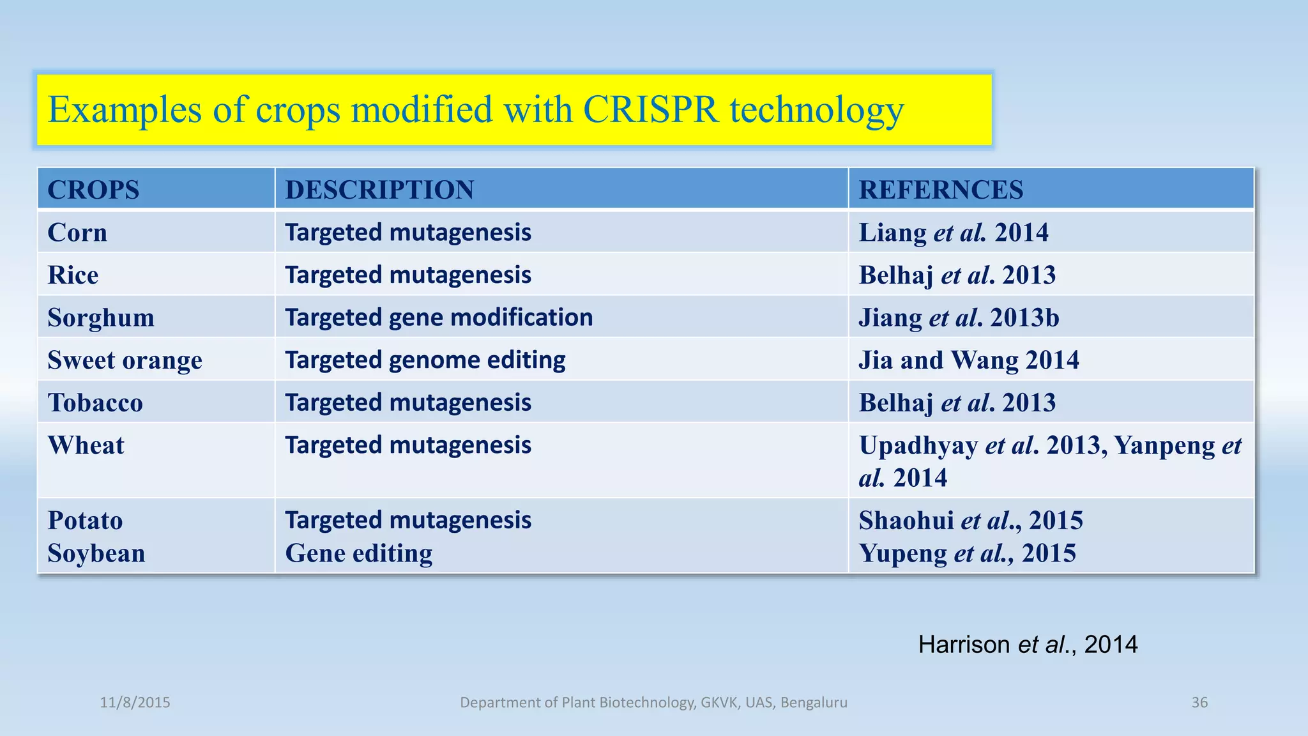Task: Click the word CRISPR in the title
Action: pos(651,110)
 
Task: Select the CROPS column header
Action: pos(93,190)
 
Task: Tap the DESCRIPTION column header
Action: pos(379,190)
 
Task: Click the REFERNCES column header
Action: pos(941,190)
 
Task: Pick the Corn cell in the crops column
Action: pos(77,233)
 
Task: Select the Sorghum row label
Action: pos(101,318)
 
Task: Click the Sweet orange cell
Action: pos(125,360)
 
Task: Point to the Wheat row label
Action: pos(86,445)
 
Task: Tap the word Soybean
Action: pos(96,553)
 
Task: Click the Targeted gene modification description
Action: pos(439,318)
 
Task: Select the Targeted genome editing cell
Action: pos(425,360)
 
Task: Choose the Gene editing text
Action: pos(359,553)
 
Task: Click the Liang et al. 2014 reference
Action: pos(953,233)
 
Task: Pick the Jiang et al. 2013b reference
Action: pos(959,318)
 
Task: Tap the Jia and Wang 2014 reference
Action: pos(968,360)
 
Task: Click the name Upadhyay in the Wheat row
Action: pos(918,445)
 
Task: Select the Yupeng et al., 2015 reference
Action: pos(967,553)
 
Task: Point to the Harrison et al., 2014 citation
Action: pos(1028,645)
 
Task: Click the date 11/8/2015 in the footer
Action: pos(135,703)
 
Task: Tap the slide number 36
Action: pos(1199,703)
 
